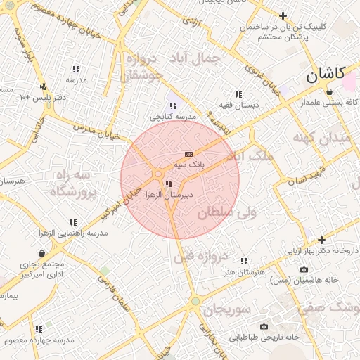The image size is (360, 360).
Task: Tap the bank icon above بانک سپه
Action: [x=188, y=154]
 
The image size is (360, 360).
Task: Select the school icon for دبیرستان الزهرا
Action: [x=167, y=184]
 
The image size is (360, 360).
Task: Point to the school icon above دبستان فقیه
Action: [x=238, y=94]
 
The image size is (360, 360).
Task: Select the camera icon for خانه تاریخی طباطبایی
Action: [x=264, y=326]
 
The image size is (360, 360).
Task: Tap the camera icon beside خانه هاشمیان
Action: [x=283, y=269]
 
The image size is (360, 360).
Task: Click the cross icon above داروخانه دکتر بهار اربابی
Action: [x=321, y=240]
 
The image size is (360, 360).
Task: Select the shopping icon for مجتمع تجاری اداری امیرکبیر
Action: [x=43, y=253]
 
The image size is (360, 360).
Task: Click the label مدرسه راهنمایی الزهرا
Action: [x=74, y=232]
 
